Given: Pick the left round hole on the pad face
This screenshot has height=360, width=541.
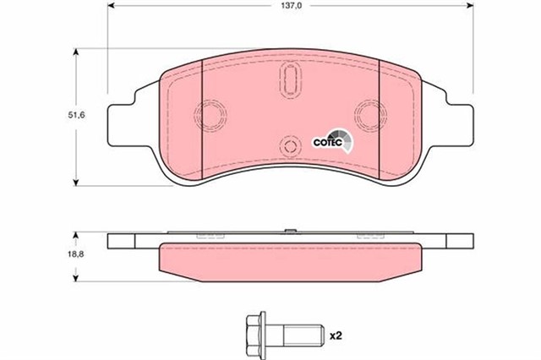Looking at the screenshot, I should pos(210,113).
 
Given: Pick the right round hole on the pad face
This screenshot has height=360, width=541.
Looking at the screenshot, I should pos(369,113).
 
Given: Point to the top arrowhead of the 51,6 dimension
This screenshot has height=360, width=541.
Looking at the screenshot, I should pos(77,52).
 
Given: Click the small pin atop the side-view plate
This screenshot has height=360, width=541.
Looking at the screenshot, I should pos(289,232).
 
